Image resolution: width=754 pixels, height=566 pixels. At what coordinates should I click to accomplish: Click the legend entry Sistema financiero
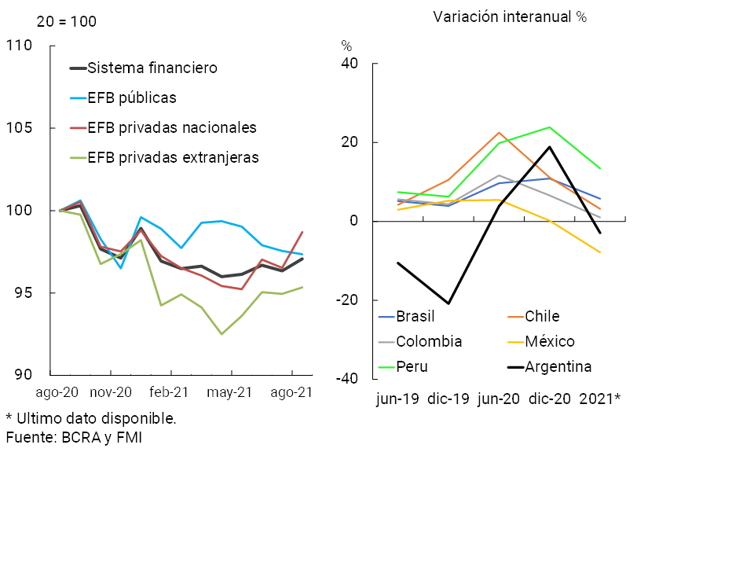point(152,68)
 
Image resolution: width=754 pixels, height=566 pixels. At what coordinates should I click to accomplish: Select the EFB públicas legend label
point(132,98)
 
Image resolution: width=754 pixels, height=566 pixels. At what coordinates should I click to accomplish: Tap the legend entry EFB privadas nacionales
point(172,127)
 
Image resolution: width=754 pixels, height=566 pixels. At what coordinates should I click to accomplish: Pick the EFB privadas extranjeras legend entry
point(174,157)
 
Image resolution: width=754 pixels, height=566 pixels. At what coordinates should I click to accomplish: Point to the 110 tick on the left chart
point(18,46)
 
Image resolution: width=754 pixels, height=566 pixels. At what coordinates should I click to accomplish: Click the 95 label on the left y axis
point(22,293)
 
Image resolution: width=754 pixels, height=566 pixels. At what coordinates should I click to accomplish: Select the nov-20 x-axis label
point(111,391)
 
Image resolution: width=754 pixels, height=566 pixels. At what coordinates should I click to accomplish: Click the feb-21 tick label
point(170,391)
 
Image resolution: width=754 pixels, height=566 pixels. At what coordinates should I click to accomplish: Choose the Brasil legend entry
point(415,317)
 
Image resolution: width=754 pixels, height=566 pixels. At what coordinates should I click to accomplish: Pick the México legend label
point(550,341)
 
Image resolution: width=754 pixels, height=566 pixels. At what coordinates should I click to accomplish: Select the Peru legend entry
point(412,366)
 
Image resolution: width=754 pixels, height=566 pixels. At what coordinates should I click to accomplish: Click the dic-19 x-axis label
point(448,399)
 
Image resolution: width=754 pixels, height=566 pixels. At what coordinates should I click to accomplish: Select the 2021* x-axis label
point(600,399)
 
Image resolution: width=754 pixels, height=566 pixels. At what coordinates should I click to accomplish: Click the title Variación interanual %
point(511,17)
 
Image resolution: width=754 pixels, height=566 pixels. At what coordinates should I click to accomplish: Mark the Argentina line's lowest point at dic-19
point(448,303)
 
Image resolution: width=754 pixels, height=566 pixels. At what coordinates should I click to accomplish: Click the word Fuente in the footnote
point(28,437)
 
